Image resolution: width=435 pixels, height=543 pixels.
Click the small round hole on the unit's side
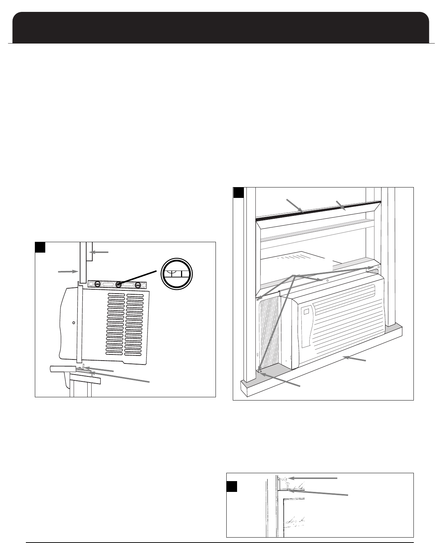[x=74, y=323]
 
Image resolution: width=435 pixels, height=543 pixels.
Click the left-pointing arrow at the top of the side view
[x=101, y=252]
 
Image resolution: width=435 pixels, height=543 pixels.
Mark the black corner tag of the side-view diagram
[x=40, y=247]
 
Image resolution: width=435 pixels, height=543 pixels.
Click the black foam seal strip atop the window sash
[x=316, y=214]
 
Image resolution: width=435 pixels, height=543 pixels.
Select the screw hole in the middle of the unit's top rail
[x=327, y=280]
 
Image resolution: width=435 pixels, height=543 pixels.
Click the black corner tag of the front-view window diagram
[x=238, y=193]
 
